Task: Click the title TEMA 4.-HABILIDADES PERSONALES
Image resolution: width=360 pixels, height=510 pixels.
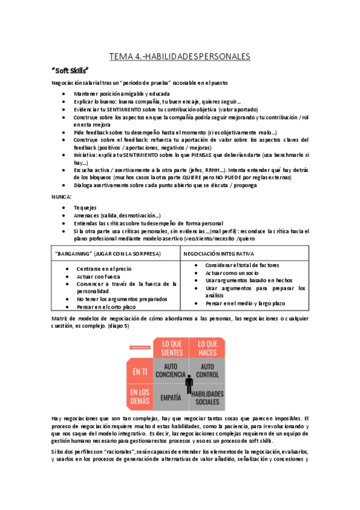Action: (x=180, y=57)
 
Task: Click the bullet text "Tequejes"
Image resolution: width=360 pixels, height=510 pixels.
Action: (x=86, y=207)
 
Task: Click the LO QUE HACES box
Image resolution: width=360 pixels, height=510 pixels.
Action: (x=207, y=347)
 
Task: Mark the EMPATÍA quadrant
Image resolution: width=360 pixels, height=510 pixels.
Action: (x=171, y=397)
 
